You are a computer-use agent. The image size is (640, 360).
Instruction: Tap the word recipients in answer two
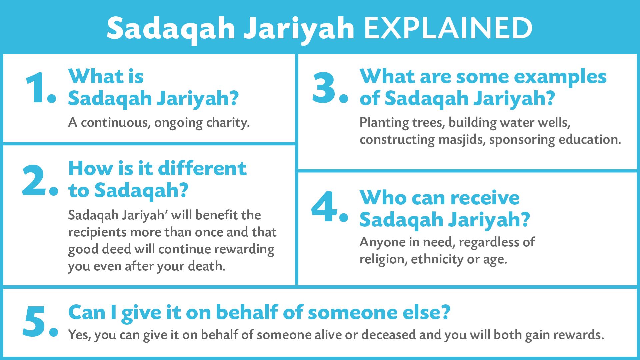pos(97,232)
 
